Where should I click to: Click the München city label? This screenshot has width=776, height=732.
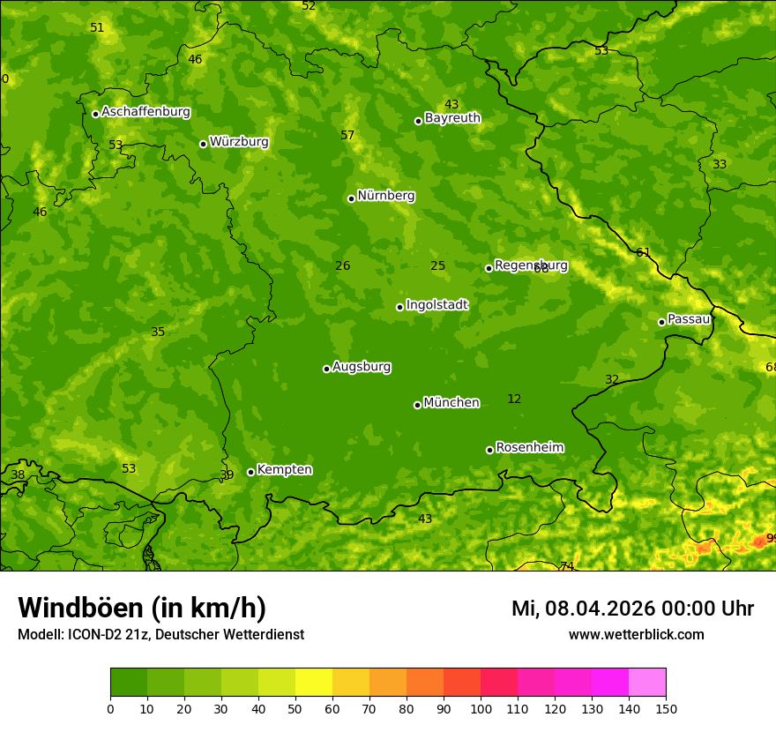(451, 403)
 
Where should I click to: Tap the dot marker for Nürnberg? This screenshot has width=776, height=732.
(351, 198)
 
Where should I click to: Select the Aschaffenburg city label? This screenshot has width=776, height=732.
(145, 112)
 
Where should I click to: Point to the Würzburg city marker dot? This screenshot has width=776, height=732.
(203, 144)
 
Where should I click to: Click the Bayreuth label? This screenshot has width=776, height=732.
(452, 117)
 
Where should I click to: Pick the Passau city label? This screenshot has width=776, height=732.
(689, 319)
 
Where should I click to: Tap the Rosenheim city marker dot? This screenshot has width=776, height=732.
(489, 450)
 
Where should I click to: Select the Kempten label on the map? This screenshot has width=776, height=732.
(284, 469)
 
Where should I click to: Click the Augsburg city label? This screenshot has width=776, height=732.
(362, 367)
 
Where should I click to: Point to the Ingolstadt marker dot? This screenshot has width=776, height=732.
(399, 307)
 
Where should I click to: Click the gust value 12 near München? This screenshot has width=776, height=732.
(514, 400)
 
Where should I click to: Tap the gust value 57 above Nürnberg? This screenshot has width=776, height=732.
(347, 135)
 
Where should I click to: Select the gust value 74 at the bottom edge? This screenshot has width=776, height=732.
(567, 565)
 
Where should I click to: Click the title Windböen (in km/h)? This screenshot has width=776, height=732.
(142, 608)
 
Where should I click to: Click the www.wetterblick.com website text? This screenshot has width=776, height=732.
(636, 635)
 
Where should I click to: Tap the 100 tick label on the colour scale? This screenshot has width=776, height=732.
(481, 708)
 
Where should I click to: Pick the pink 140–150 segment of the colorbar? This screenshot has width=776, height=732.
(647, 682)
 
